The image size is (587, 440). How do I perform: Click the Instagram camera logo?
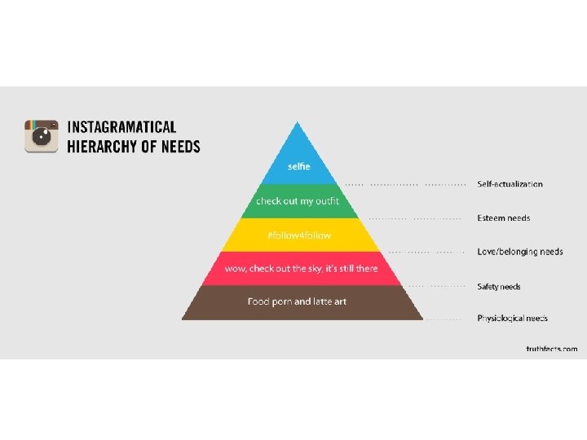[42, 136]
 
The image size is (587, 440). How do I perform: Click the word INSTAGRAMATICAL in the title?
[121, 127]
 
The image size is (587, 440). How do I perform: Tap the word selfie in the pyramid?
[299, 166]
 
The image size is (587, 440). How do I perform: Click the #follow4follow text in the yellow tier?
[299, 235]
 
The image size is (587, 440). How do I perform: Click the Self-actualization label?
[510, 184]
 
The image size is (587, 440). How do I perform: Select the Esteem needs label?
[504, 218]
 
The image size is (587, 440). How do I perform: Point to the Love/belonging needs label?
[520, 252]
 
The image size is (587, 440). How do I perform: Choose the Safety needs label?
[499, 287]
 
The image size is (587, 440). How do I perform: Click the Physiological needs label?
[513, 319]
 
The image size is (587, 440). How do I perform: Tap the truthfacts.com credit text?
[551, 349]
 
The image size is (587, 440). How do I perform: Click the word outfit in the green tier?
[327, 201]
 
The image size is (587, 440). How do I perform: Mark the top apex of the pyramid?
[299, 122]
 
